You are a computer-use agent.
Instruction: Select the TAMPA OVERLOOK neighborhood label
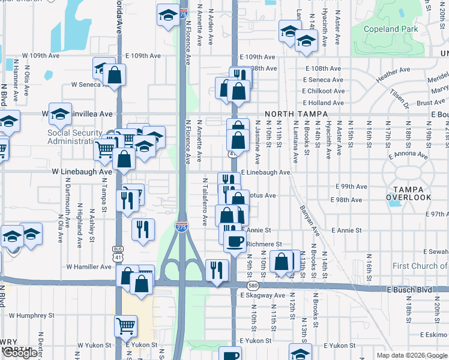[408, 191]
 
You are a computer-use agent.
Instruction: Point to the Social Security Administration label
[75, 137]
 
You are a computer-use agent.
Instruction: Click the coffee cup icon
[234, 241]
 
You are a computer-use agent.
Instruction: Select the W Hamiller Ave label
[90, 266]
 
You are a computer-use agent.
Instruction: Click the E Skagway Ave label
[263, 295]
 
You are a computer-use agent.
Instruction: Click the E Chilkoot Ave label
[324, 91]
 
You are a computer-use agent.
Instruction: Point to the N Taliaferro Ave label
[205, 201]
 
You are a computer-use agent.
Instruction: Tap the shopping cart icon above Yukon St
[125, 326]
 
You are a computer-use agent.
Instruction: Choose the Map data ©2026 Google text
[412, 355]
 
